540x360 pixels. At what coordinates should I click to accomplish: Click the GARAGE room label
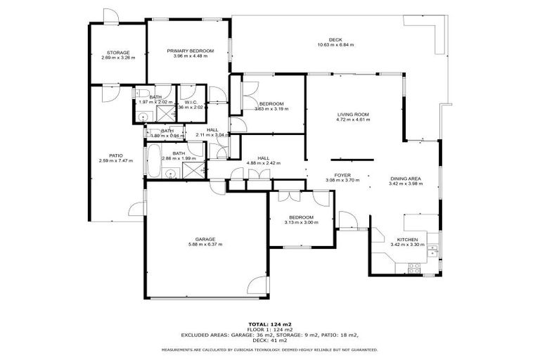point(205,239)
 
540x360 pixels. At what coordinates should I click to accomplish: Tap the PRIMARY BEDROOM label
point(190,51)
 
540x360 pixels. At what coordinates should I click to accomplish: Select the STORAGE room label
point(117,53)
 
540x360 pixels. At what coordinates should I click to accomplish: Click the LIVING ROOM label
point(352,115)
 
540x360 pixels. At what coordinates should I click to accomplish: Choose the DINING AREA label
point(406,179)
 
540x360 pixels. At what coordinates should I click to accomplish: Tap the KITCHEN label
point(408,239)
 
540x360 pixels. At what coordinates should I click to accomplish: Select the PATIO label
point(115,156)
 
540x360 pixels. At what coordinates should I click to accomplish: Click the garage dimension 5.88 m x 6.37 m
point(205,245)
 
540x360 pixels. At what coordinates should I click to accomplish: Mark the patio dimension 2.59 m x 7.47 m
point(115,162)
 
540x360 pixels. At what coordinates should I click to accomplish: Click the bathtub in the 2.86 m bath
point(153,160)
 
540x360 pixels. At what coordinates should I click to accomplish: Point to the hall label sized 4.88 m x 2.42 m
point(263,158)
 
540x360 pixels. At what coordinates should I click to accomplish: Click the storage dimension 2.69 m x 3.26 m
point(117,58)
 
